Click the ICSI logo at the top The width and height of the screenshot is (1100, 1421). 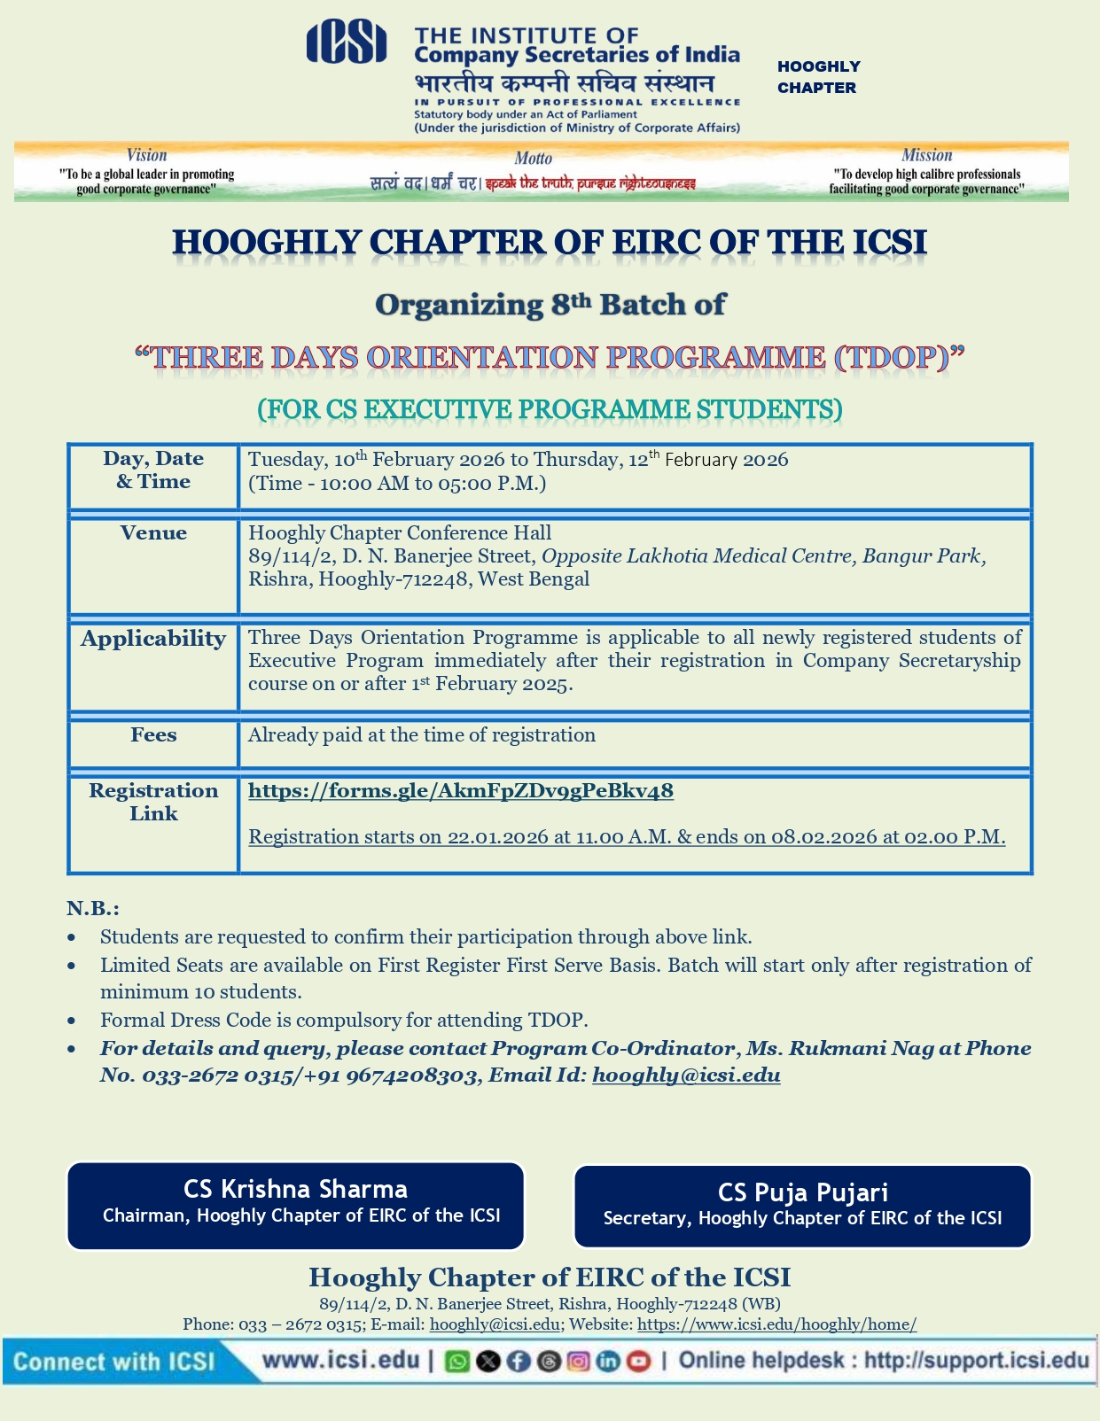[346, 43]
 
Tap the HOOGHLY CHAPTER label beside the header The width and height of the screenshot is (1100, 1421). [818, 77]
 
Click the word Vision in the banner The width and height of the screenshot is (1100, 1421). [146, 155]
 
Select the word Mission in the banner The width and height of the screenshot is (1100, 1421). [926, 155]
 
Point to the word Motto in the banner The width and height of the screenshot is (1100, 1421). [533, 159]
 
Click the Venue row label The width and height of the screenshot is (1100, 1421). [153, 533]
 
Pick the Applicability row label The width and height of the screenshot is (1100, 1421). [153, 639]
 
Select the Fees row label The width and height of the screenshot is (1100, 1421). [153, 735]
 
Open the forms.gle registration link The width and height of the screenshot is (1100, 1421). [460, 791]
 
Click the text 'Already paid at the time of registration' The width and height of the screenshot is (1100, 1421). [422, 735]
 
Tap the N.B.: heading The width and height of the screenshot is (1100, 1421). [92, 909]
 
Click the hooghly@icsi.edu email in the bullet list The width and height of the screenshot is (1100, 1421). [686, 1075]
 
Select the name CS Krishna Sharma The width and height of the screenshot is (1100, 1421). [295, 1189]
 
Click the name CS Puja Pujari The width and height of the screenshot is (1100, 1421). [802, 1192]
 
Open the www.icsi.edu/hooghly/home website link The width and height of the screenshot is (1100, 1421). [776, 1324]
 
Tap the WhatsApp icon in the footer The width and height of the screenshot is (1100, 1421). [457, 1362]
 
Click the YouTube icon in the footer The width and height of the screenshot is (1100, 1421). [638, 1362]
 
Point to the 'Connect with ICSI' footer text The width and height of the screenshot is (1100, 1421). [114, 1362]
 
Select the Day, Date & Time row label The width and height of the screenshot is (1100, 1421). [153, 470]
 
